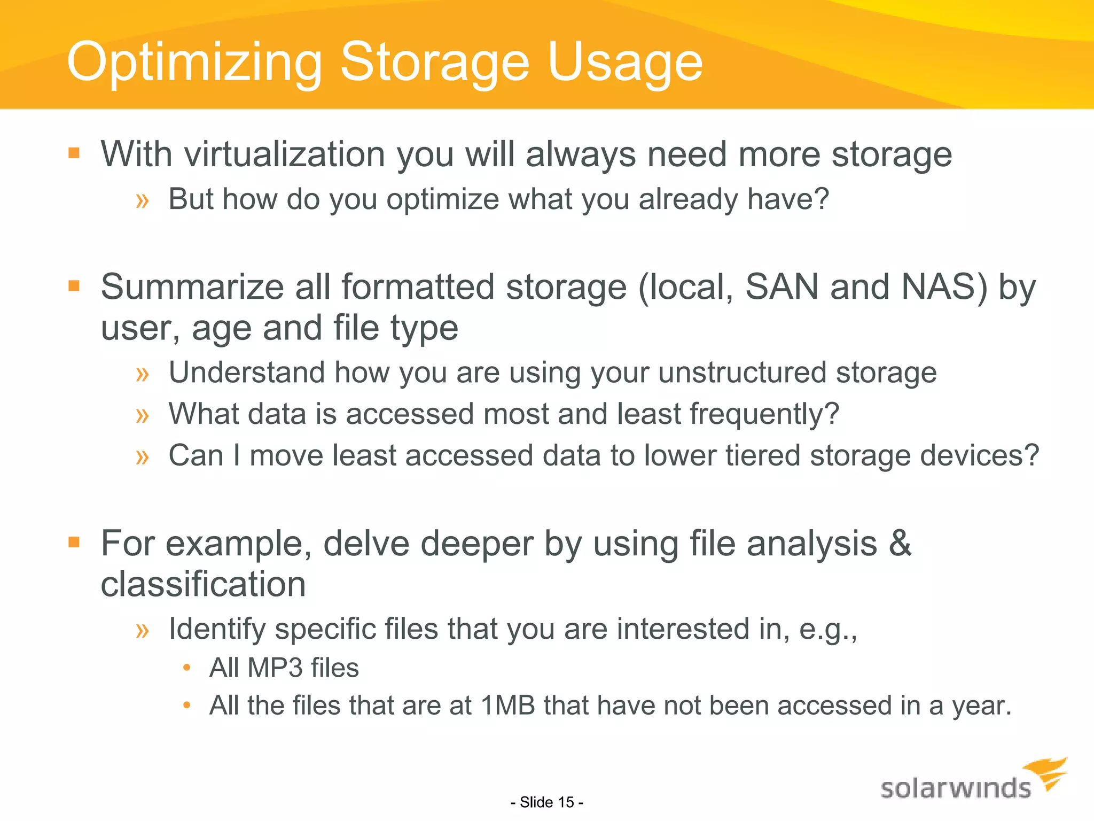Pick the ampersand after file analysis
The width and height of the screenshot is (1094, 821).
(x=900, y=543)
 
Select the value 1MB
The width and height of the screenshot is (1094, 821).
(x=508, y=706)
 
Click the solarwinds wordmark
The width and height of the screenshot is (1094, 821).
(x=956, y=789)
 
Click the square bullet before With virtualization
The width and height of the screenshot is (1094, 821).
(x=74, y=154)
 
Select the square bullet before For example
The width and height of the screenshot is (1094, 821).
(x=74, y=543)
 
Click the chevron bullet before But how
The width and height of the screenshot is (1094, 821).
(x=142, y=201)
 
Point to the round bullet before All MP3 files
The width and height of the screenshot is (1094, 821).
(x=186, y=668)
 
